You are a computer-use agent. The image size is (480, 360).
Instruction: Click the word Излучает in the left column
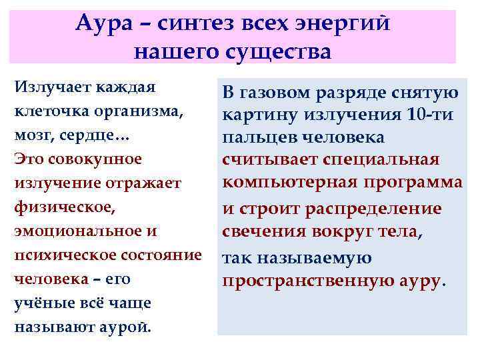pyautogui.click(x=51, y=88)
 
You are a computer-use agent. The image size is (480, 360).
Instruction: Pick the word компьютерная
pyautogui.click(x=296, y=182)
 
